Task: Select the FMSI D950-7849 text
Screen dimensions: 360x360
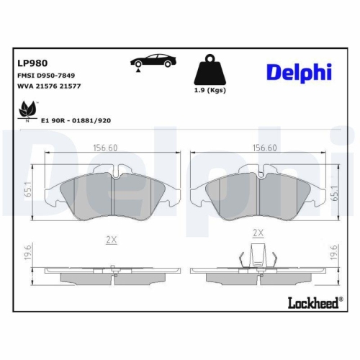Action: point(46,75)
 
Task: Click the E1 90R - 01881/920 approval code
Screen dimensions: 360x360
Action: point(76,121)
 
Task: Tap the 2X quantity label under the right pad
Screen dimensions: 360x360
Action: point(258,234)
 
